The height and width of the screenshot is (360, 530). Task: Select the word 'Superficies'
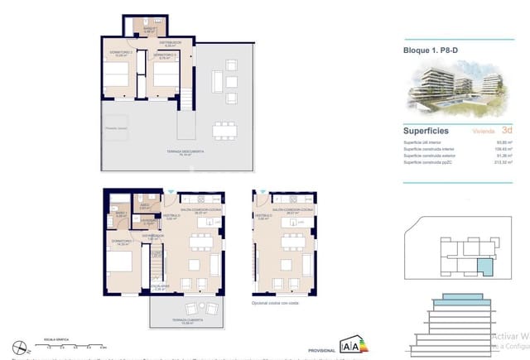(426, 131)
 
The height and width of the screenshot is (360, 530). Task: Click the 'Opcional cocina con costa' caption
(282, 304)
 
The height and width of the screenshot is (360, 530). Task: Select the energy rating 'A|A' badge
(350, 345)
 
